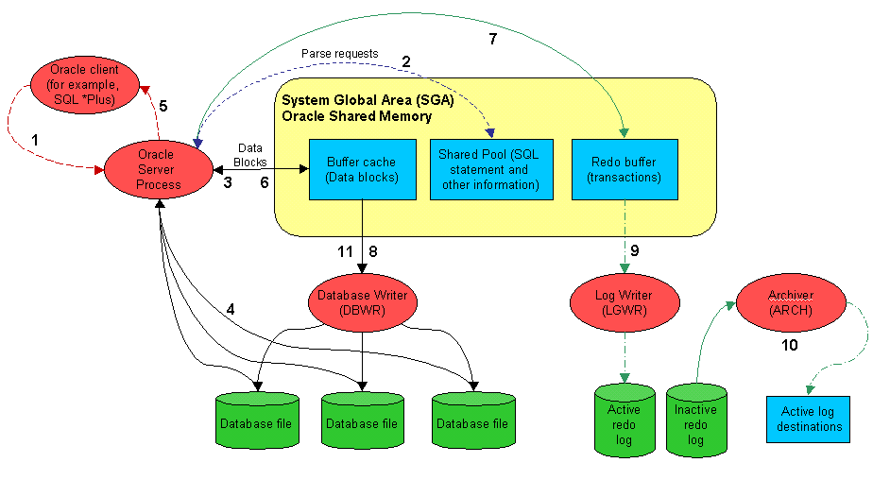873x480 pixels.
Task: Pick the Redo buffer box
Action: [625, 169]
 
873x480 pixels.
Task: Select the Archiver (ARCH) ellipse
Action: [790, 301]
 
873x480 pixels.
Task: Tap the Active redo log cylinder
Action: [624, 421]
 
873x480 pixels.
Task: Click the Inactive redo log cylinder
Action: [695, 421]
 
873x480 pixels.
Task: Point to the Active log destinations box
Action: [807, 420]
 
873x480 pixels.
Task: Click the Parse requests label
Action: [339, 54]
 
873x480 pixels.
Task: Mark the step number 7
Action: [491, 40]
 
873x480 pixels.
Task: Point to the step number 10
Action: [789, 346]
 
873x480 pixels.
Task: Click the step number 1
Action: [35, 138]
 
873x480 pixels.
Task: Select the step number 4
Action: [230, 309]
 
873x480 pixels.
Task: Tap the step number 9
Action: [635, 250]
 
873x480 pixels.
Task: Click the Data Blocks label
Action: [250, 154]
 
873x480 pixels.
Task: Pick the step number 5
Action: [163, 106]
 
